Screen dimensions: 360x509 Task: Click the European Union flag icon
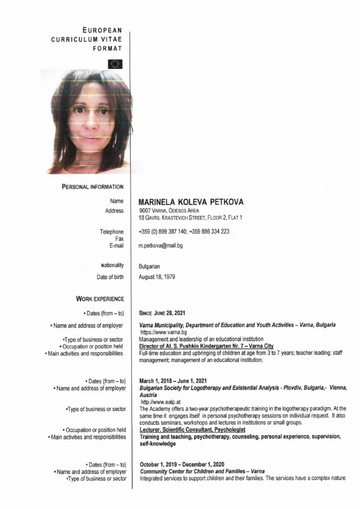coord(115,63)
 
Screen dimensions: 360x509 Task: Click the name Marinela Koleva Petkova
coord(191,202)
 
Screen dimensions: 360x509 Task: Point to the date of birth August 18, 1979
coord(160,277)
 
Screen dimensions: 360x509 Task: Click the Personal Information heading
coord(93,186)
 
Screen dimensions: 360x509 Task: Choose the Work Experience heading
coord(100,298)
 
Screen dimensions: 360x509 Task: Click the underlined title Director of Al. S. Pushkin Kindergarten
coord(206,346)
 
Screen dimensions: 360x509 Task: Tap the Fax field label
coord(119,238)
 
